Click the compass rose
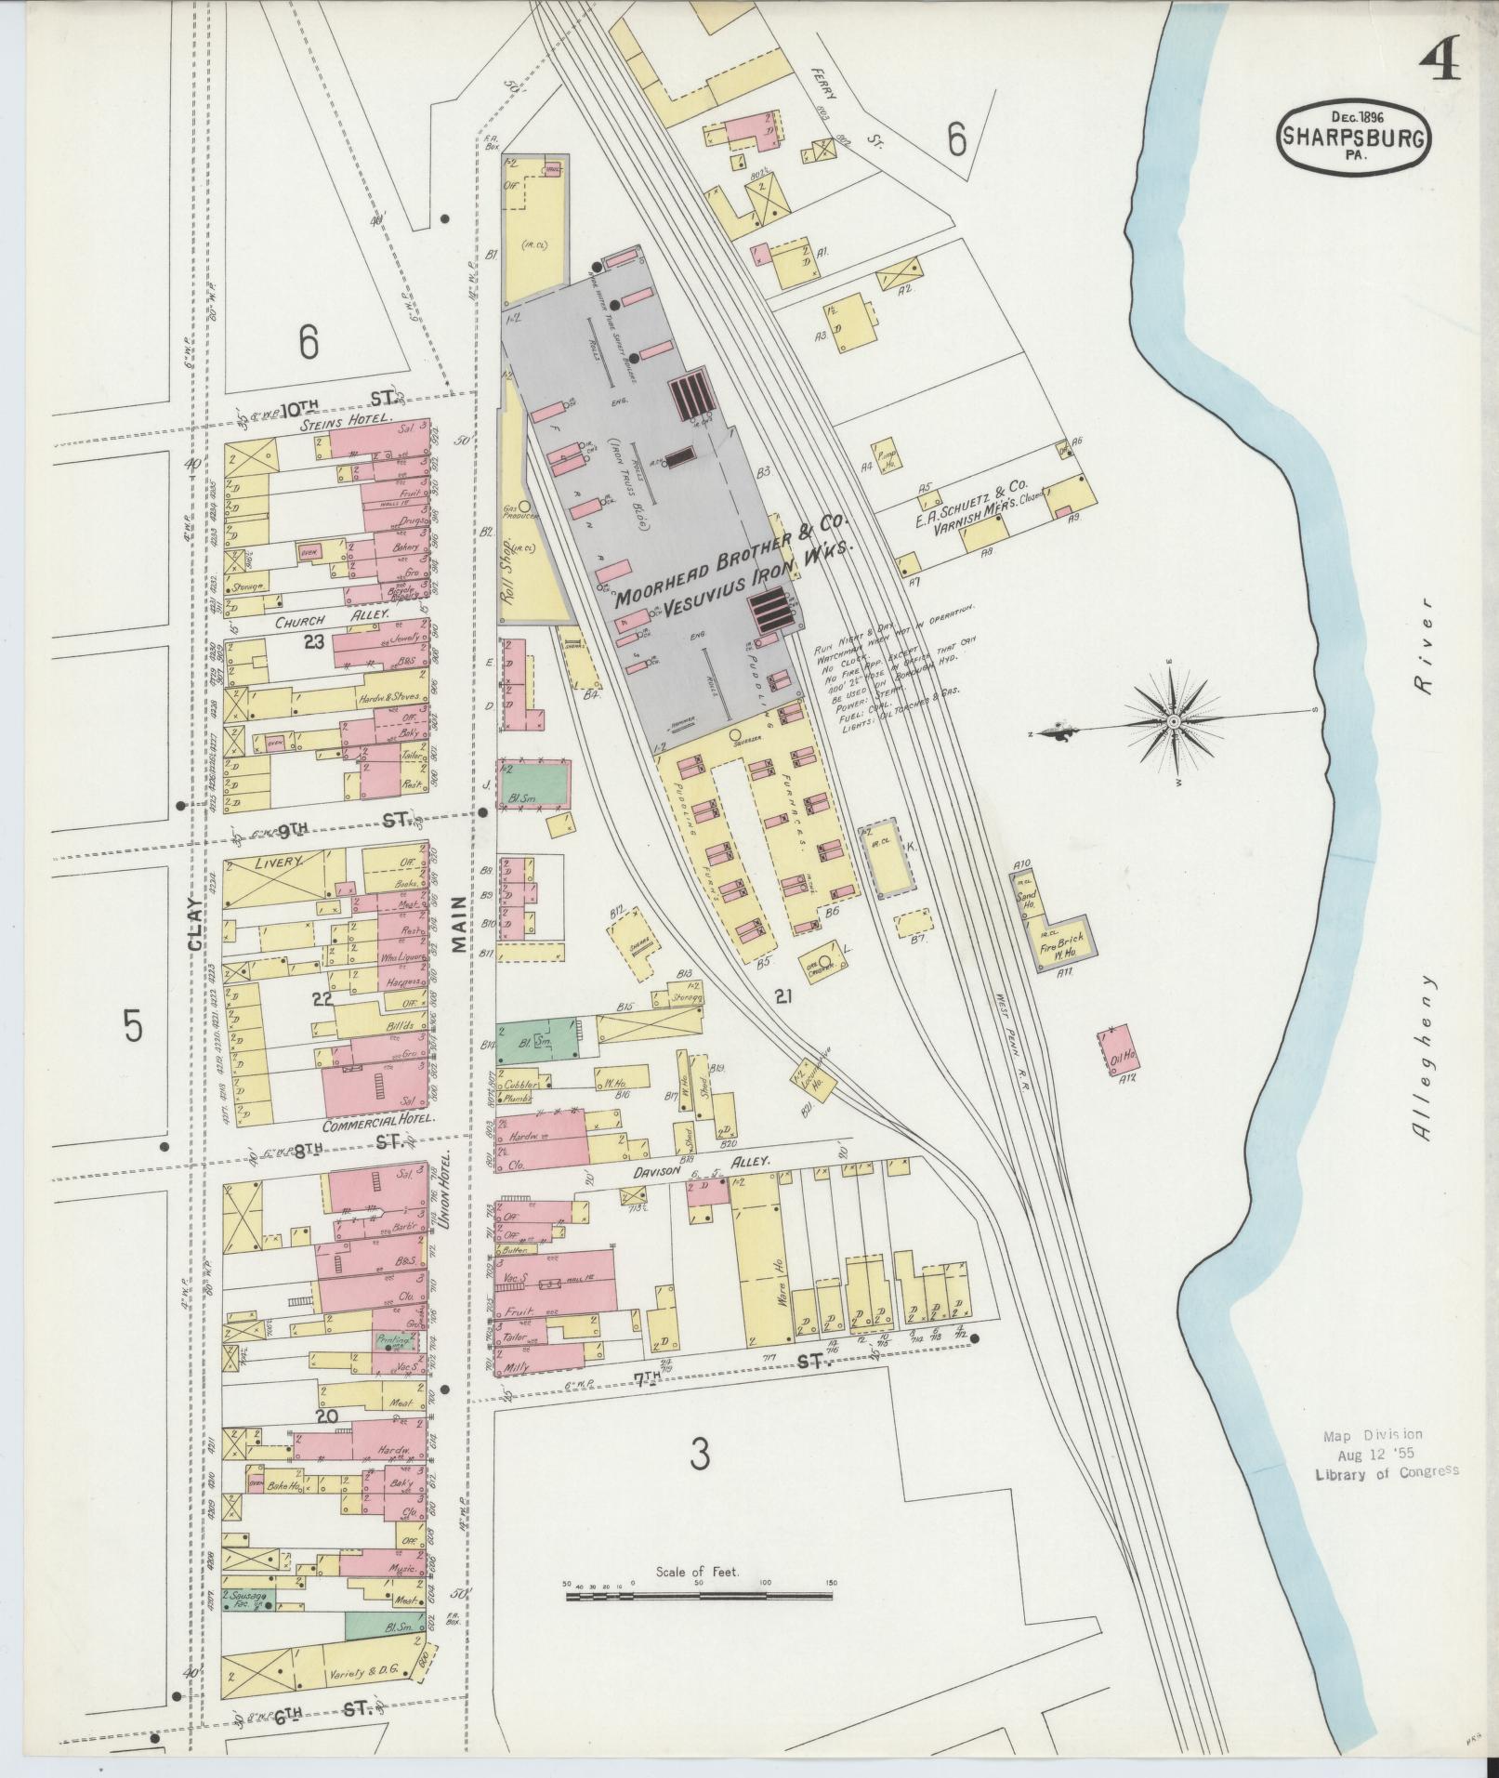[x=1173, y=722]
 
